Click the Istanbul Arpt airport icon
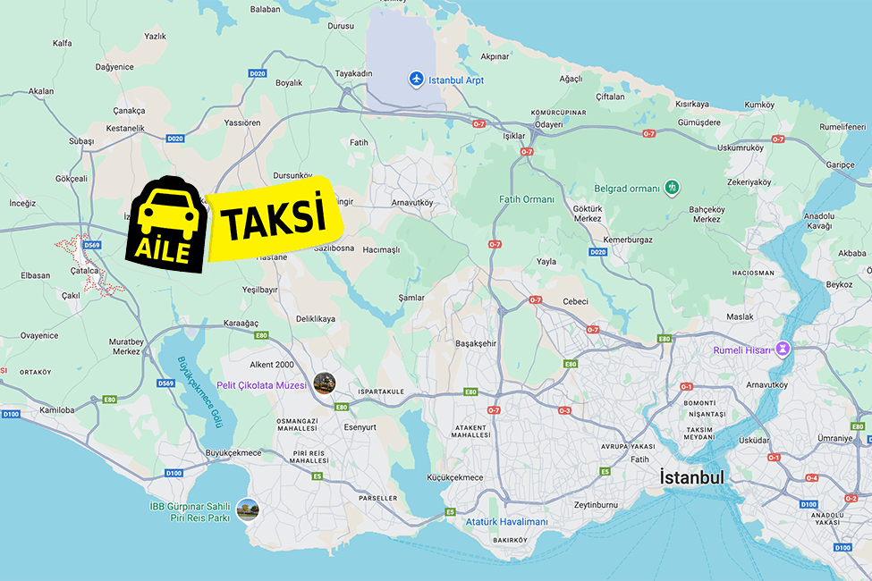point(416,80)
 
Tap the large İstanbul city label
point(691,477)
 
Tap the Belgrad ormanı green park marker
point(672,188)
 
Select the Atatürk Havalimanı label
point(506,522)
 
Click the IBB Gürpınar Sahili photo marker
point(248,510)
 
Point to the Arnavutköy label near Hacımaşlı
point(411,203)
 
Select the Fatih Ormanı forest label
point(527,199)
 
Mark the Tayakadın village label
point(353,73)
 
